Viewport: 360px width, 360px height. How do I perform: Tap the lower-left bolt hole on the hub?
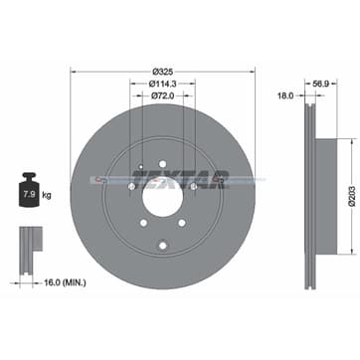[142, 223]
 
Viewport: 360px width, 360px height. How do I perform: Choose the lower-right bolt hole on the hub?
[183, 223]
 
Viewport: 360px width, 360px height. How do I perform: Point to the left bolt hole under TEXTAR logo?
[132, 186]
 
